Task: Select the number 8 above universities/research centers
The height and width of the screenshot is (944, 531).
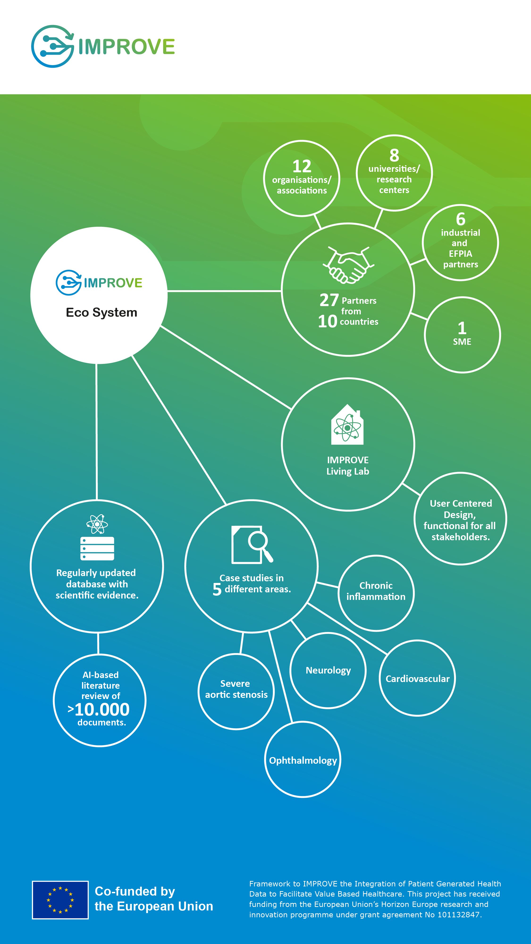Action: [394, 155]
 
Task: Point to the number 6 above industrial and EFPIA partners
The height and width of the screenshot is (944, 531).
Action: [461, 219]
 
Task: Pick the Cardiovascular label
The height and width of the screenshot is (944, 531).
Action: [417, 679]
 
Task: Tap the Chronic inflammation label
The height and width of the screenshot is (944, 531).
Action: [376, 591]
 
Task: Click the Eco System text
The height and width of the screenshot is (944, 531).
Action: [101, 313]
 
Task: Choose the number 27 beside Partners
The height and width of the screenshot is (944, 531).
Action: [329, 300]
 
